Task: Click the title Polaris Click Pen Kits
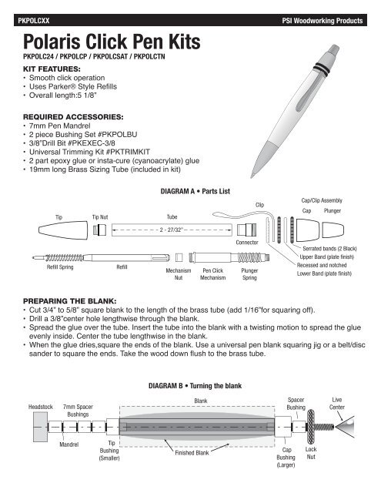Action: click(x=112, y=41)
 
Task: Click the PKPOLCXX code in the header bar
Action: click(x=34, y=21)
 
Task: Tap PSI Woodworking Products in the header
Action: click(x=323, y=21)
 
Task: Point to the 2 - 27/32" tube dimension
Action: click(x=171, y=230)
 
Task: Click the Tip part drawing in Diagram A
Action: click(x=63, y=230)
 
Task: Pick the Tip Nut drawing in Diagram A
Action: click(x=99, y=230)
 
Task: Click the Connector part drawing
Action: click(x=246, y=230)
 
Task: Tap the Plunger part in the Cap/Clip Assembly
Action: click(x=333, y=230)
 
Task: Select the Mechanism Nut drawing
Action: click(x=179, y=257)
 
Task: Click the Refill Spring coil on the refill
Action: click(x=65, y=258)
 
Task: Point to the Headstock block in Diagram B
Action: click(x=41, y=427)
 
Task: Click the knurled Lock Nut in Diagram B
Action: click(x=311, y=427)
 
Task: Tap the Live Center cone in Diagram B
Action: click(x=346, y=427)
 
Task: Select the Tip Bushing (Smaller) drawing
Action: click(x=112, y=427)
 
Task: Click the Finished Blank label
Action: click(x=192, y=453)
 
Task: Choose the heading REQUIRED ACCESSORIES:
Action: click(x=73, y=117)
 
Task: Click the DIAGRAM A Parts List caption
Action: click(x=195, y=191)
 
